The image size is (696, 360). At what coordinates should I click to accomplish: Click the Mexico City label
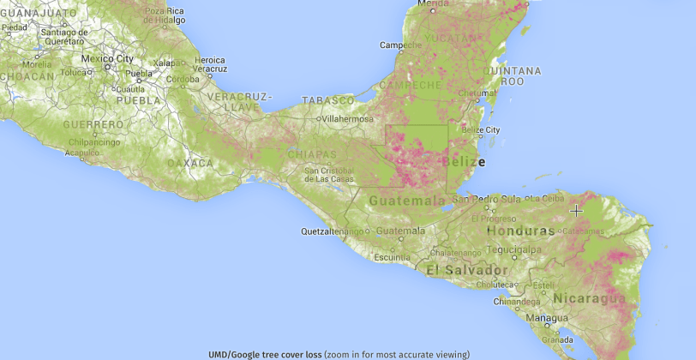click(107, 58)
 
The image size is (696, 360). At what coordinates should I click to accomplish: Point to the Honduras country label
click(520, 231)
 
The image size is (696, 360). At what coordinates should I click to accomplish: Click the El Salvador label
click(461, 270)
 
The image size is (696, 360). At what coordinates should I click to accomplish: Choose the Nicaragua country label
click(589, 298)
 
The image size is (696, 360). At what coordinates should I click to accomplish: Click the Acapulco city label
click(82, 153)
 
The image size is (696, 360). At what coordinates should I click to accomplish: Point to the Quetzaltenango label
click(333, 231)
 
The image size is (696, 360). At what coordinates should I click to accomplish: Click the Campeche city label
click(401, 45)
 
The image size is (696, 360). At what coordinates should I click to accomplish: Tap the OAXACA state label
click(190, 162)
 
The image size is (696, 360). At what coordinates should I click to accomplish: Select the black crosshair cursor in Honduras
click(576, 209)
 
